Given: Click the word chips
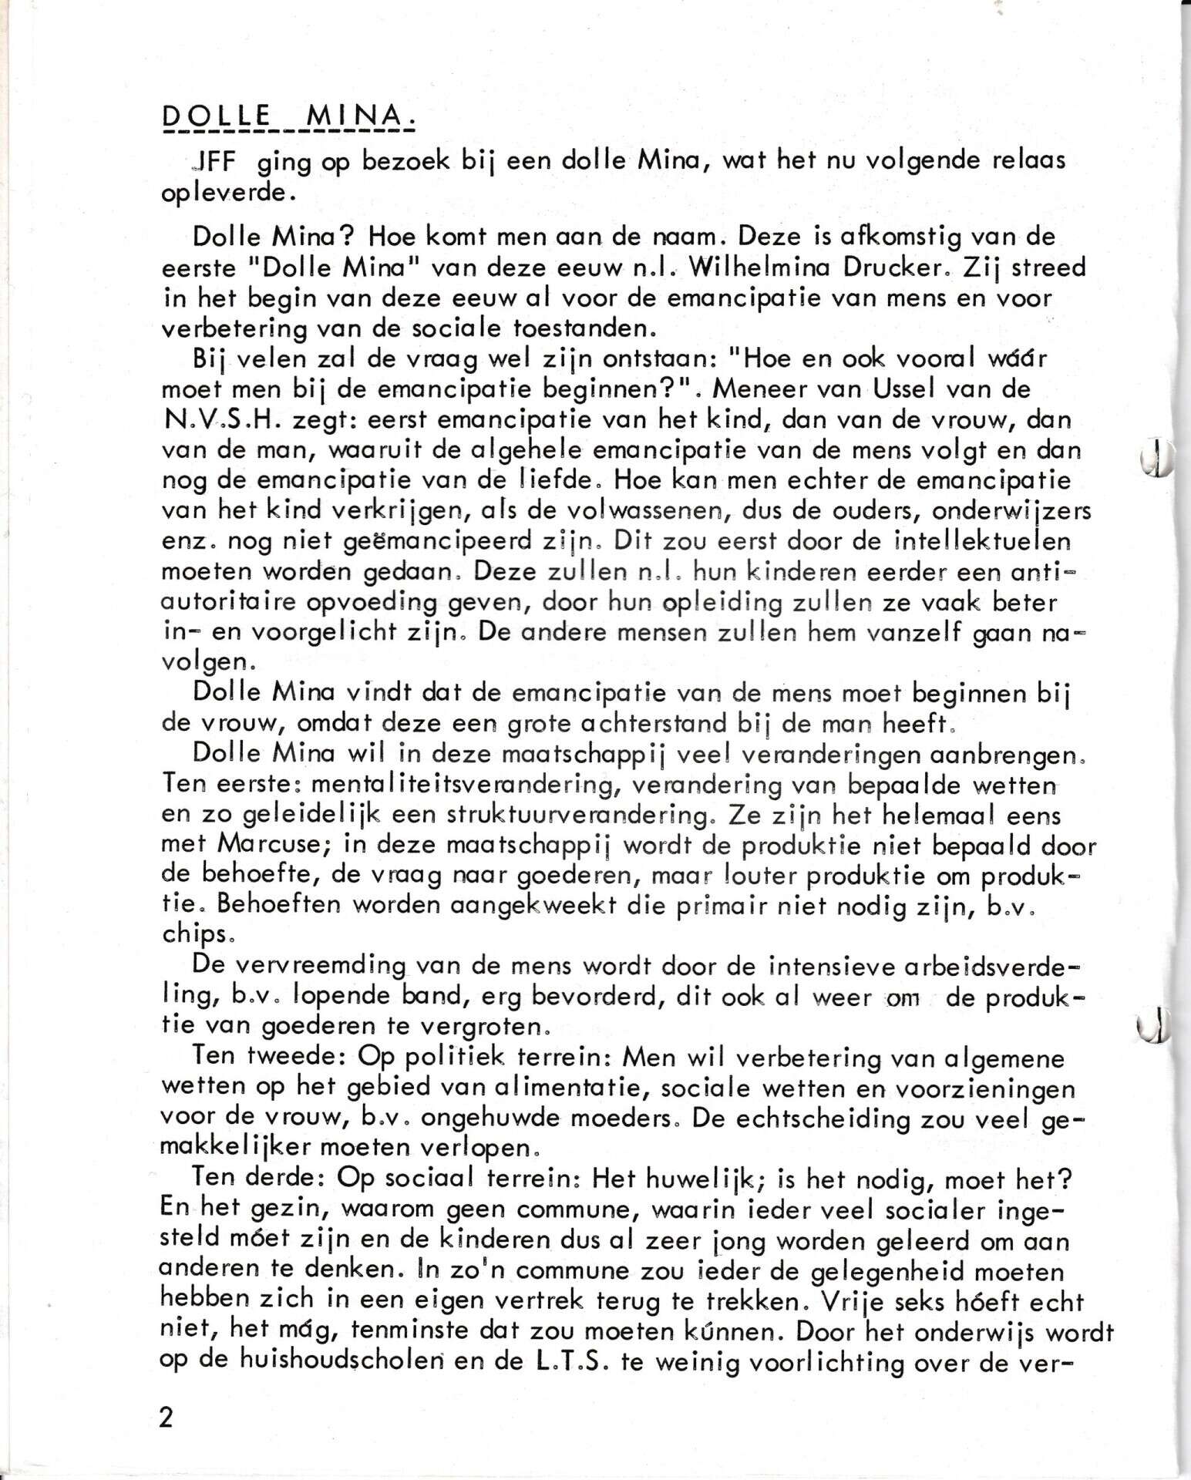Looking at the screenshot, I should pos(192,937).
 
